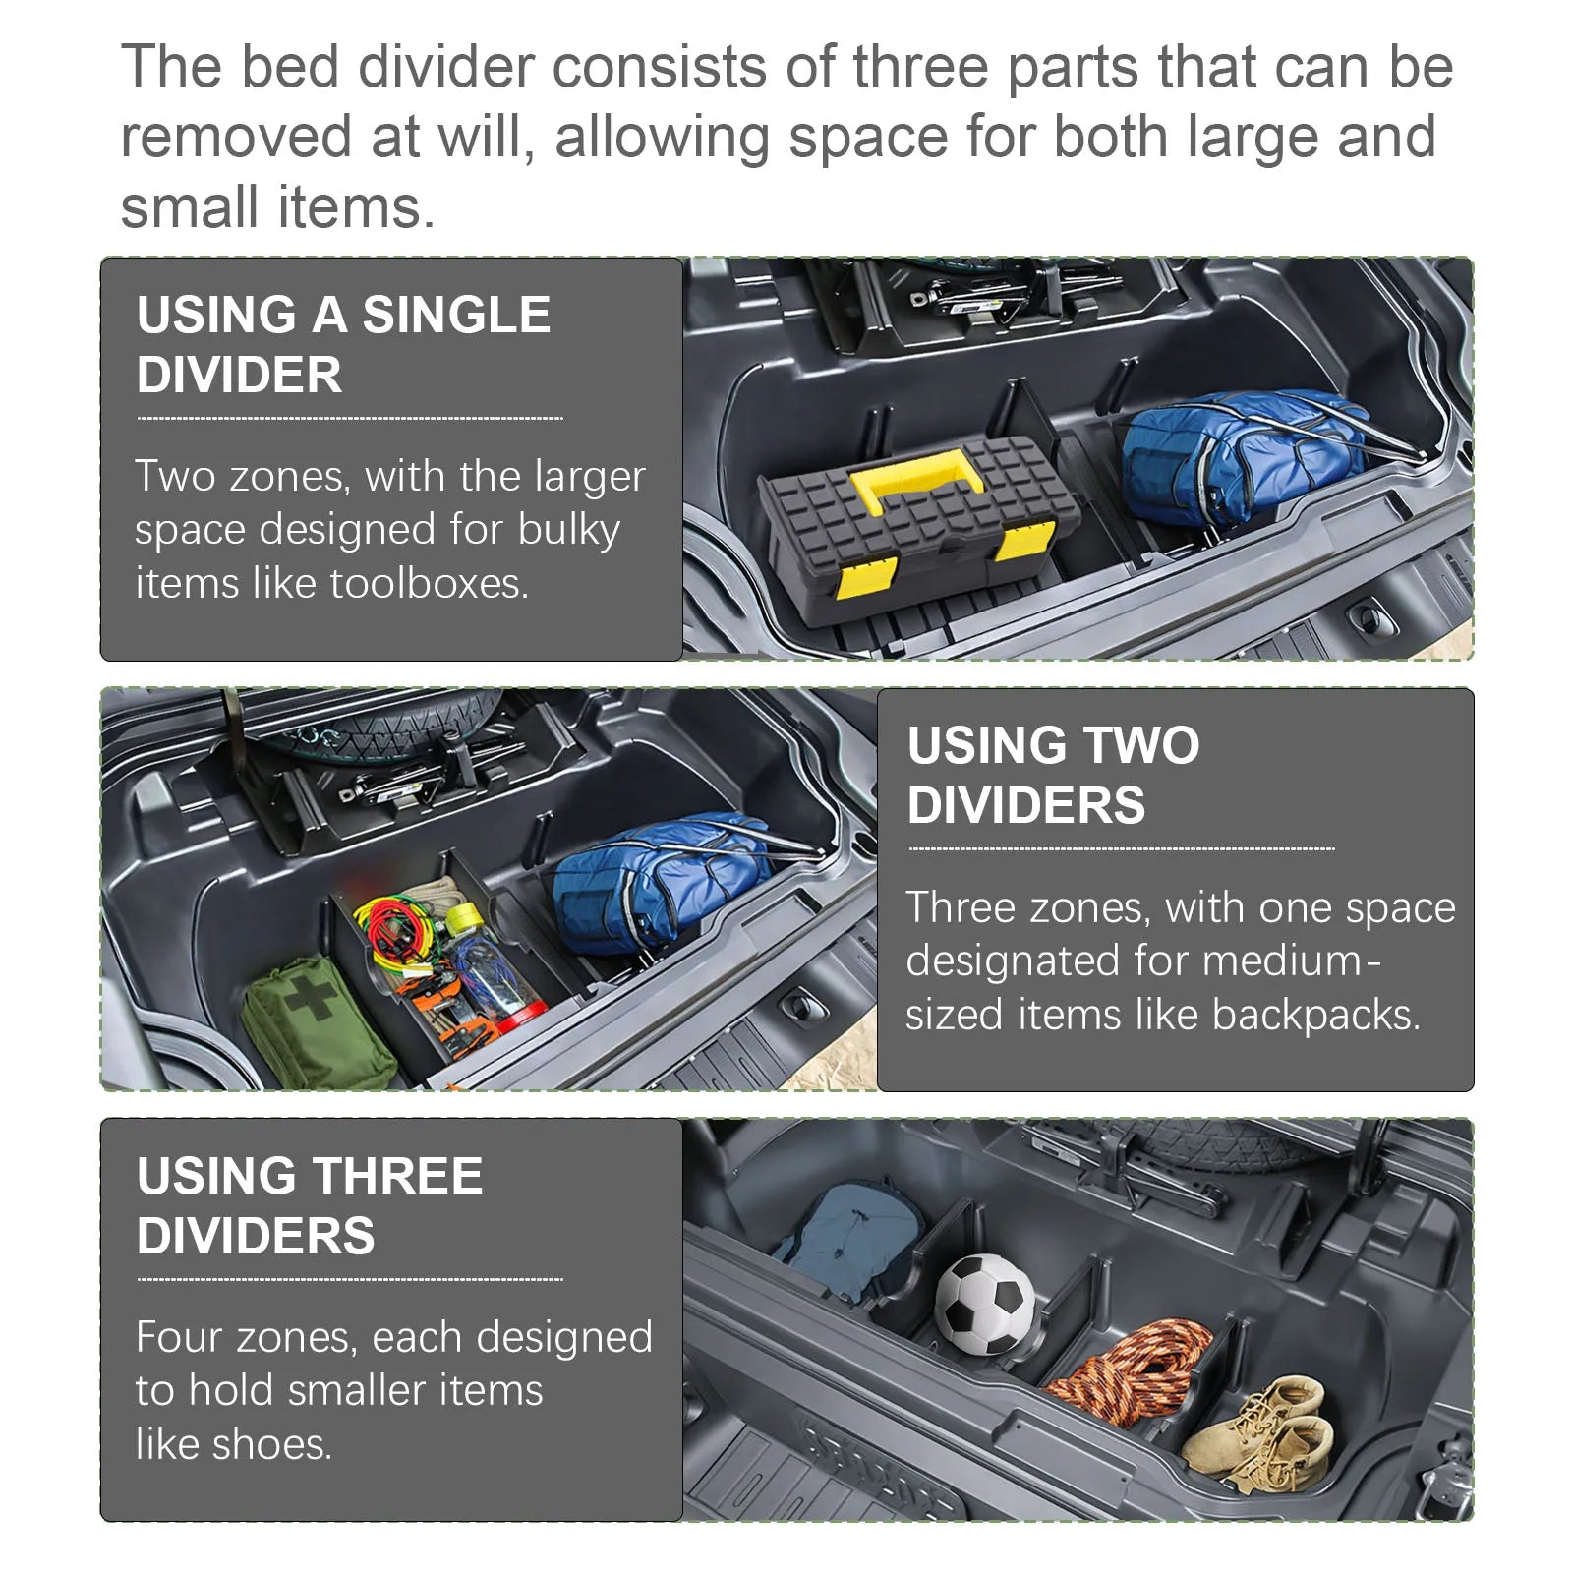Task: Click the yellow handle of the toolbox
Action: coord(917,470)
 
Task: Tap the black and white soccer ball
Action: coord(984,1303)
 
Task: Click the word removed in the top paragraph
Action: coord(236,137)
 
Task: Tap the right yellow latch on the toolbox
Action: coord(1024,539)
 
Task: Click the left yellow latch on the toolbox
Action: coord(865,580)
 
